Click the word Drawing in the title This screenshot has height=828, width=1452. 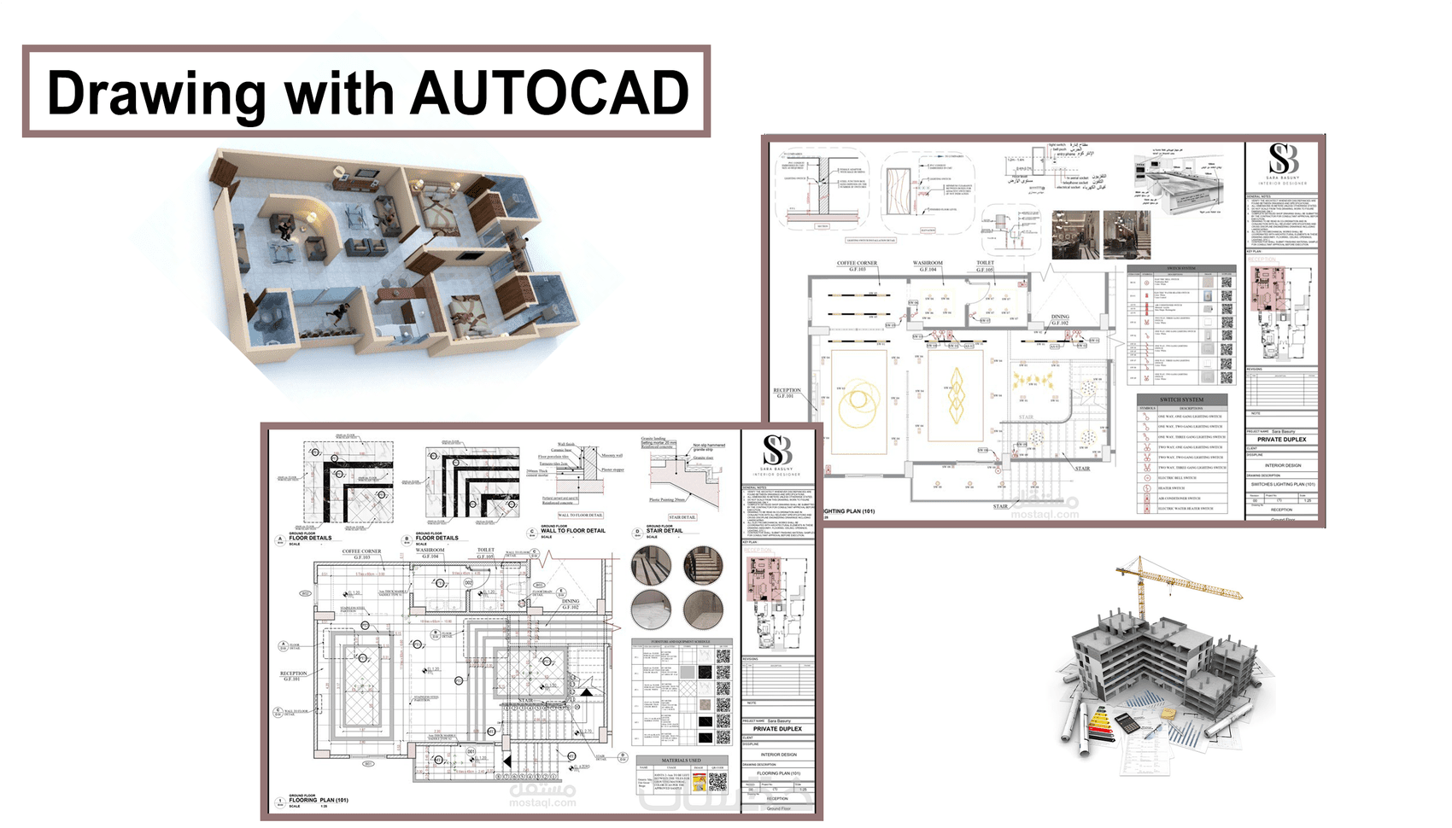(156, 94)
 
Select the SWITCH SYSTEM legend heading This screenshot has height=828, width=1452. (1181, 399)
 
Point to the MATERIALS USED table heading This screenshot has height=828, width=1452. (681, 760)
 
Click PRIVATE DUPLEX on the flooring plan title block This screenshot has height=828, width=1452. (777, 729)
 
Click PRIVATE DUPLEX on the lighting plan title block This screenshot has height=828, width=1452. (1281, 440)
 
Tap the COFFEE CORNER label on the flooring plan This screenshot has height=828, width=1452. (362, 552)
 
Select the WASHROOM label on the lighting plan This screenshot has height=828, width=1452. (928, 264)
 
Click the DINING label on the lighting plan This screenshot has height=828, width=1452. (1060, 318)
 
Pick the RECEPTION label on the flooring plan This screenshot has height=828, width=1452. (293, 673)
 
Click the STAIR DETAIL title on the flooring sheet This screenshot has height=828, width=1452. (664, 531)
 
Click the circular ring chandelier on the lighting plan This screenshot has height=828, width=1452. (859, 402)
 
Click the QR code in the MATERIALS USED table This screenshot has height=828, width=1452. (717, 781)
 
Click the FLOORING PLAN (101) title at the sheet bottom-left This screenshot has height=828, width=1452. (318, 801)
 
